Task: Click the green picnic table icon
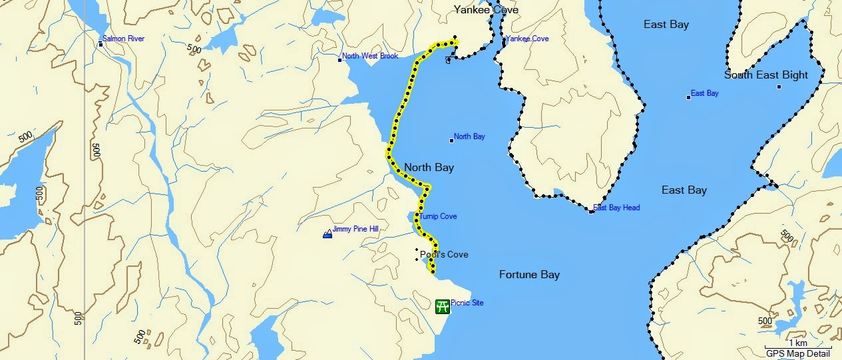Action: coord(442,306)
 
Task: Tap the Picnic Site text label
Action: coord(467,303)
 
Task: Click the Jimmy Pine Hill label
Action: coord(355,229)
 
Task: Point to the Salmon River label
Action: coord(123,39)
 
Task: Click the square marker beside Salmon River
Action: coord(101,45)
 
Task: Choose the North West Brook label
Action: coord(370,57)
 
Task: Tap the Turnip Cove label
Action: coord(438,217)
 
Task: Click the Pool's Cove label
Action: coord(444,255)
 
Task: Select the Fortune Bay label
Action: coord(529,275)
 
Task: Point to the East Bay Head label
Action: coord(616,208)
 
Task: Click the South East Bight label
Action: coord(766,75)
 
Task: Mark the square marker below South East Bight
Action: coord(779,87)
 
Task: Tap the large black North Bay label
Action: coord(429,168)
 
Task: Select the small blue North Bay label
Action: coord(469,137)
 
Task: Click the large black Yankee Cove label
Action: coord(486,10)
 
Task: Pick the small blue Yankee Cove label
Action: coord(527,39)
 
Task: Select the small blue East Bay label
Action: coord(704,94)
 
